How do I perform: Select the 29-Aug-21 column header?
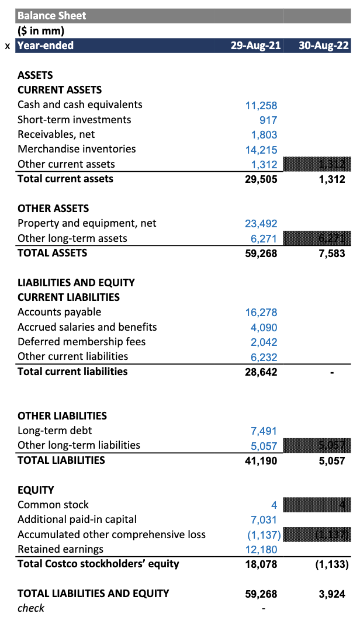coord(255,46)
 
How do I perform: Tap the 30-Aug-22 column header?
coord(324,46)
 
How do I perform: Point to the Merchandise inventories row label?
coord(77,149)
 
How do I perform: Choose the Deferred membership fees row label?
coord(81,342)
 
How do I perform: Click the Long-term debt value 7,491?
coord(264,431)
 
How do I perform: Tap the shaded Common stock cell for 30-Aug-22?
coord(317,505)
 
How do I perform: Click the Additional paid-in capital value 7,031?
coord(264,520)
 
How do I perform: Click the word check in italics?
coord(31,608)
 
